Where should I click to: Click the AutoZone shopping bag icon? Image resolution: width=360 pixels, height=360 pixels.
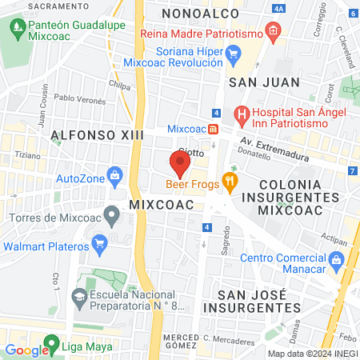coord(116,174)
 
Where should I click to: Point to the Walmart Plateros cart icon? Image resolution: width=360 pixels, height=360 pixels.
coord(99,242)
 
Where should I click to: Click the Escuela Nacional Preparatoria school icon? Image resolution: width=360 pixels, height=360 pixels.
coord(78,298)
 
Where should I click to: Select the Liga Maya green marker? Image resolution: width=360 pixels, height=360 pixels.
coord(52,346)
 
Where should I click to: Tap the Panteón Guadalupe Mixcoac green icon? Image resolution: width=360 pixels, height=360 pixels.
coord(18,31)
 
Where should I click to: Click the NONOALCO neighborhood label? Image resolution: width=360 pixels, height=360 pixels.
coord(198,14)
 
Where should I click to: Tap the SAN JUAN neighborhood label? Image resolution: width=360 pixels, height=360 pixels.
coord(254,82)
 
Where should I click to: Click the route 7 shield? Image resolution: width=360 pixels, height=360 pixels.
coord(352,171)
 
